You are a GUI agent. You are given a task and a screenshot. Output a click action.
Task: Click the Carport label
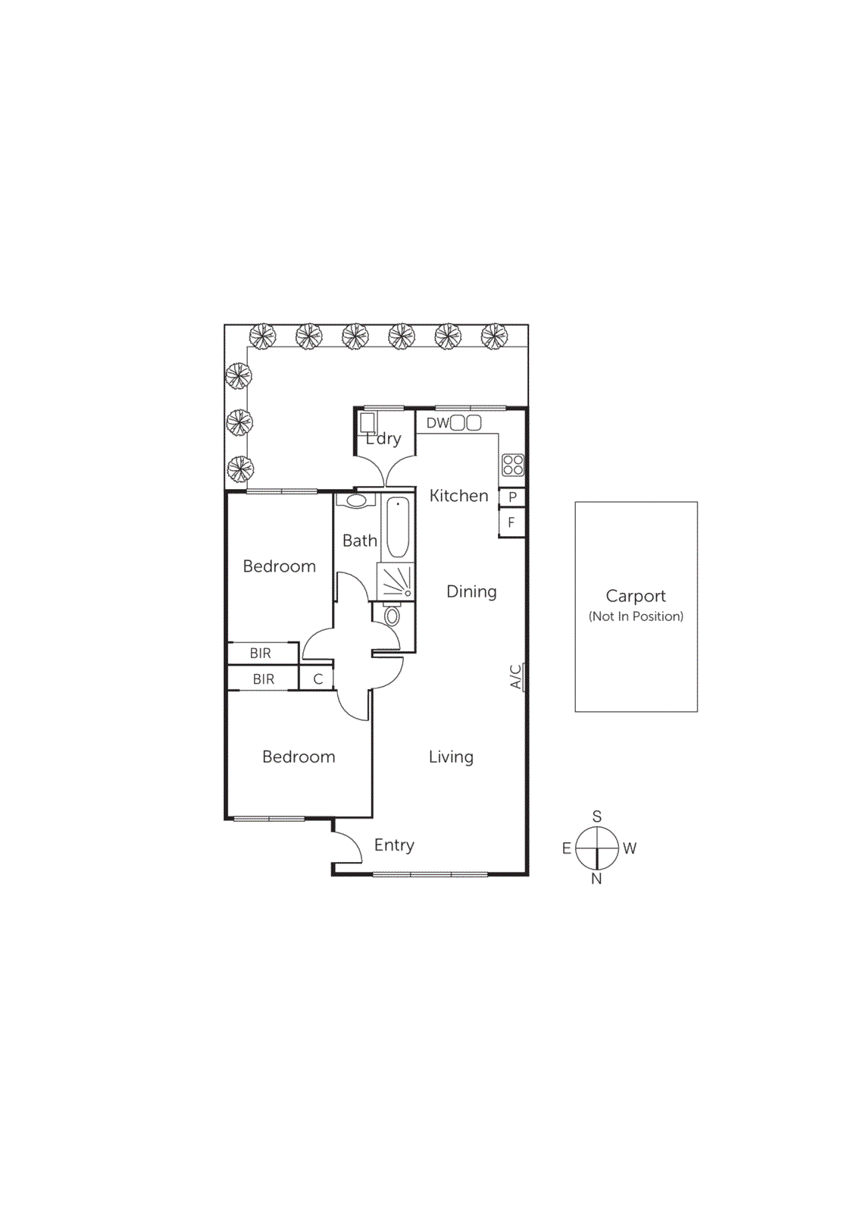pyautogui.click(x=635, y=596)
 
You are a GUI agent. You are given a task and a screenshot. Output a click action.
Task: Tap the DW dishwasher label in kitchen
pyautogui.click(x=437, y=423)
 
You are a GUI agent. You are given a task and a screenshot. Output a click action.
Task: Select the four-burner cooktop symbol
pyautogui.click(x=513, y=465)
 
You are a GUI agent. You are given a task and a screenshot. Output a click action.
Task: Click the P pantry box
pyautogui.click(x=512, y=497)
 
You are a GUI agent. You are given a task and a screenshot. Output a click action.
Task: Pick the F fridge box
pyautogui.click(x=511, y=522)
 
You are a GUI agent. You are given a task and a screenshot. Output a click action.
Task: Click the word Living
pyautogui.click(x=451, y=757)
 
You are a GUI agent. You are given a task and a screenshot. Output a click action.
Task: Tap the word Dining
pyautogui.click(x=471, y=591)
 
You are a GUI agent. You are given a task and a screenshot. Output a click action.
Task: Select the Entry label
pyautogui.click(x=394, y=845)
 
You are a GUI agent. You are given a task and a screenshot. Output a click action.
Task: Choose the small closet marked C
pyautogui.click(x=317, y=679)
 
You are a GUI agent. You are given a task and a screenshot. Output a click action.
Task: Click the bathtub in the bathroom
pyautogui.click(x=397, y=527)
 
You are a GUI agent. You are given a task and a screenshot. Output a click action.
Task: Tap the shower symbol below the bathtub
pyautogui.click(x=396, y=581)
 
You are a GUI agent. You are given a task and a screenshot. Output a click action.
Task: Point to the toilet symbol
pyautogui.click(x=392, y=615)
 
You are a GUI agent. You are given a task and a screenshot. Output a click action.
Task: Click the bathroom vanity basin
pyautogui.click(x=356, y=501)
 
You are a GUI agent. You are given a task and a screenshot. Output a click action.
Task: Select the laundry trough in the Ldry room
pyautogui.click(x=368, y=422)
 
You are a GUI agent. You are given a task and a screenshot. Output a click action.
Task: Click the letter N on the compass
pyautogui.click(x=596, y=879)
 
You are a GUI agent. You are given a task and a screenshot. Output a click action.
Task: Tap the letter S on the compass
pyautogui.click(x=597, y=817)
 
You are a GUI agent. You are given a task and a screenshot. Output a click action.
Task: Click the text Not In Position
pyautogui.click(x=636, y=616)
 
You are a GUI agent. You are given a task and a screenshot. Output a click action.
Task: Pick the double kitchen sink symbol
pyautogui.click(x=466, y=423)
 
